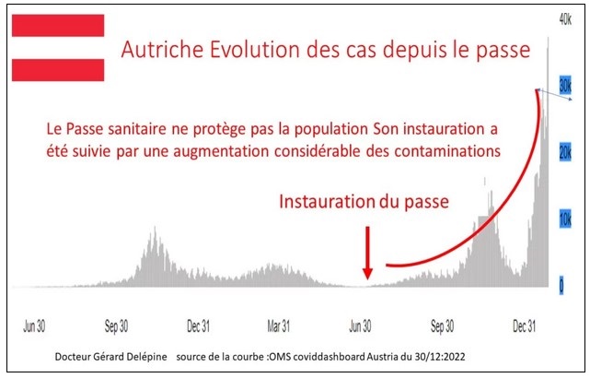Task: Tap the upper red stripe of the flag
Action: [x=58, y=25]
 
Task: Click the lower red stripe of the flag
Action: [x=58, y=70]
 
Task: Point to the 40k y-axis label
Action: [x=565, y=18]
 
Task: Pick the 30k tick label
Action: [x=565, y=86]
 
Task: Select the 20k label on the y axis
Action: [x=565, y=152]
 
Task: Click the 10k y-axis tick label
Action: [x=565, y=219]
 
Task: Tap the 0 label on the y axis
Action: [x=561, y=285]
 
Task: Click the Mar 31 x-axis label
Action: [x=279, y=326]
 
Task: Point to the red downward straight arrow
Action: [x=367, y=253]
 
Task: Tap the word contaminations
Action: [x=447, y=151]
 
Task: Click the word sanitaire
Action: [x=137, y=129]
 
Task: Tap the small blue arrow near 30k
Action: [x=555, y=95]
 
